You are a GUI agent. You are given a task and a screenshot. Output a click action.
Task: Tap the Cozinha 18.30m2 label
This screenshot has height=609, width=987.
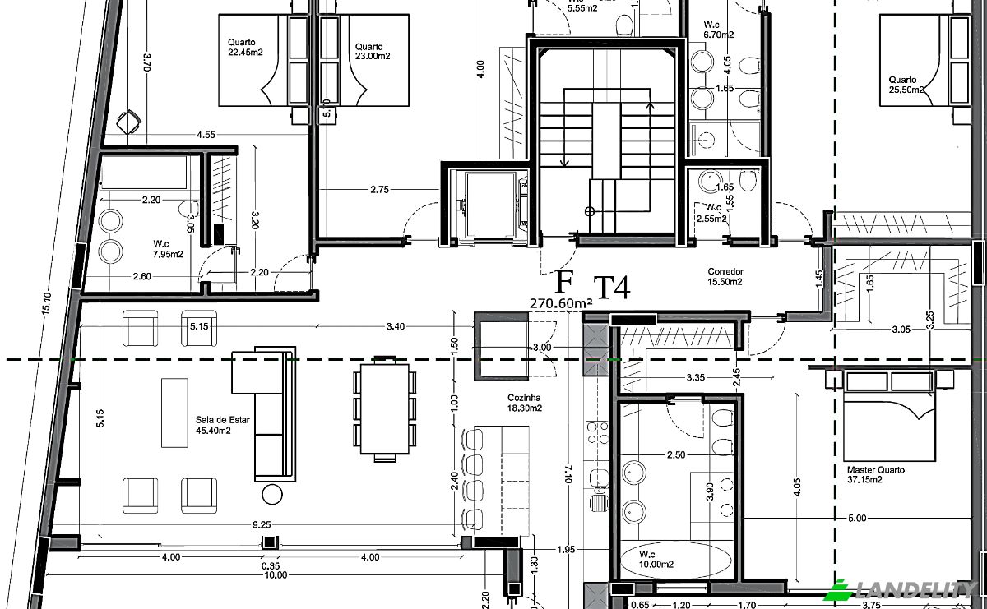[x=524, y=402]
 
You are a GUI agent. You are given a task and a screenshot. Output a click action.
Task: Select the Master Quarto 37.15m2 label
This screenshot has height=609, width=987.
[x=876, y=475]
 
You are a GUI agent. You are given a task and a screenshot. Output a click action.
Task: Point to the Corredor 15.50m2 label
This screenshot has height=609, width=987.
[x=725, y=276]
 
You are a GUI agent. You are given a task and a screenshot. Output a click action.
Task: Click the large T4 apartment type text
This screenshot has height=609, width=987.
[x=612, y=288]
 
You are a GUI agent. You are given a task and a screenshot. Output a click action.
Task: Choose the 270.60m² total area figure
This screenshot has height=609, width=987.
[x=561, y=303]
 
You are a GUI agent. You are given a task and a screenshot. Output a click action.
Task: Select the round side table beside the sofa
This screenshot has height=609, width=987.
[x=272, y=494]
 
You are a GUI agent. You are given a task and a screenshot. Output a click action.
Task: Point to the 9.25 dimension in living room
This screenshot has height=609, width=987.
[x=262, y=524]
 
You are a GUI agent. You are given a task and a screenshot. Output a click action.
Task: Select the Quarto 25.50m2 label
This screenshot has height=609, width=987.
[x=906, y=85]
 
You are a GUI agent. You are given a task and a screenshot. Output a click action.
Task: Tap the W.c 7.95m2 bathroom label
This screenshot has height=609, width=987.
[x=168, y=249]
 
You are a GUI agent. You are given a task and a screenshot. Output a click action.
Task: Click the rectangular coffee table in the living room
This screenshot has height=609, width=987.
[x=174, y=412]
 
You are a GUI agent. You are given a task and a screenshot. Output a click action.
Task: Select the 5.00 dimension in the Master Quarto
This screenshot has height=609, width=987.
[x=856, y=519]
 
